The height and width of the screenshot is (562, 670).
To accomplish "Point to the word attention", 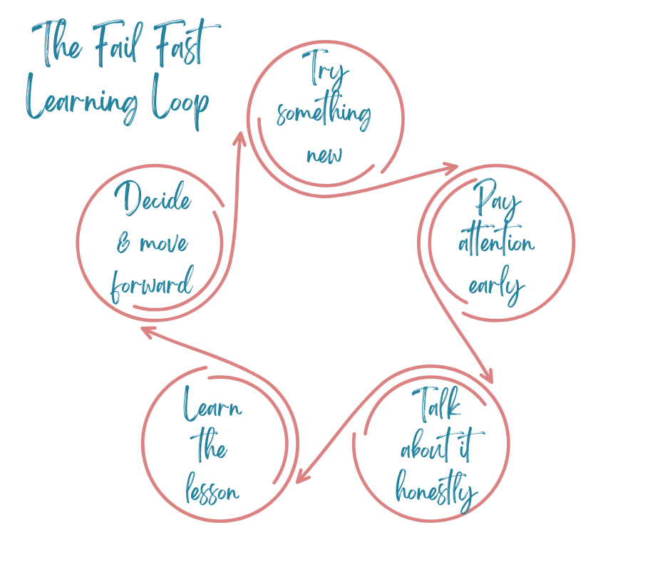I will point(496,243).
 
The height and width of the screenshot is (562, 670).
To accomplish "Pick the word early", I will point(496,285).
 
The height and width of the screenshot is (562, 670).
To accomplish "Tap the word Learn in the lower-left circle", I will point(212,407).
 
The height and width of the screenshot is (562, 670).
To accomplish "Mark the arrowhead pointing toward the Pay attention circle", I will point(450,168).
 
